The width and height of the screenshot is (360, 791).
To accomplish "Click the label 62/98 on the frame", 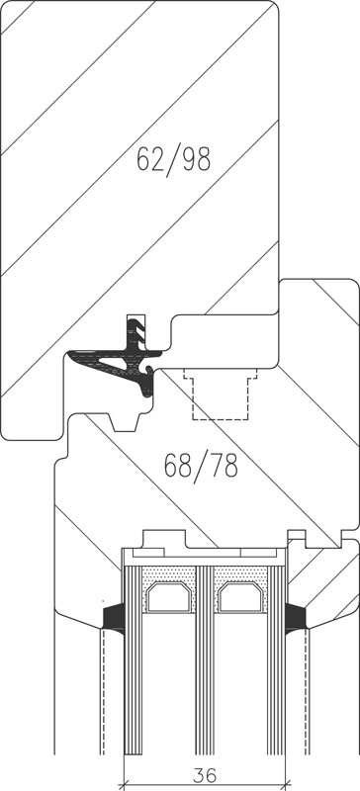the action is coord(173,159).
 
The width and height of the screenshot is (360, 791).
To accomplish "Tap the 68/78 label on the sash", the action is coord(201,466).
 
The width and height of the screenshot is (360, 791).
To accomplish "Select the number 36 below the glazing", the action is coord(205,775).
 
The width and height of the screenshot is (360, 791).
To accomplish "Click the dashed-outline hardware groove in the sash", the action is coord(221,394).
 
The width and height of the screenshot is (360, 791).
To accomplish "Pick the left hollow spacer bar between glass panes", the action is coord(170,597).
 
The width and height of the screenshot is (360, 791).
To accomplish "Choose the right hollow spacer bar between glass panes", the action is coord(241,597).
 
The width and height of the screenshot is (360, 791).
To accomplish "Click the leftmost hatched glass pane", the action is coord(134,659).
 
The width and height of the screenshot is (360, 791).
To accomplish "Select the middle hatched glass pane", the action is coord(205,659).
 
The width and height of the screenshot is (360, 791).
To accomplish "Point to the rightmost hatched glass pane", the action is coord(276,659).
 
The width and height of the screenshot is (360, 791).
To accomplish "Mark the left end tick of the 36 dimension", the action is coord(124,785).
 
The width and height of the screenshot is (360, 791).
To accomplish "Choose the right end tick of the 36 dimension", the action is coord(286,785).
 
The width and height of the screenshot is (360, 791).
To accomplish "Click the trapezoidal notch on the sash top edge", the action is coord(125,423).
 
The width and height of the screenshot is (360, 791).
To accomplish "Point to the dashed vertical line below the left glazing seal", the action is coord(103,692).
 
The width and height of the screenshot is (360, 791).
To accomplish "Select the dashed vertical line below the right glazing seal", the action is coord(308,692).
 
